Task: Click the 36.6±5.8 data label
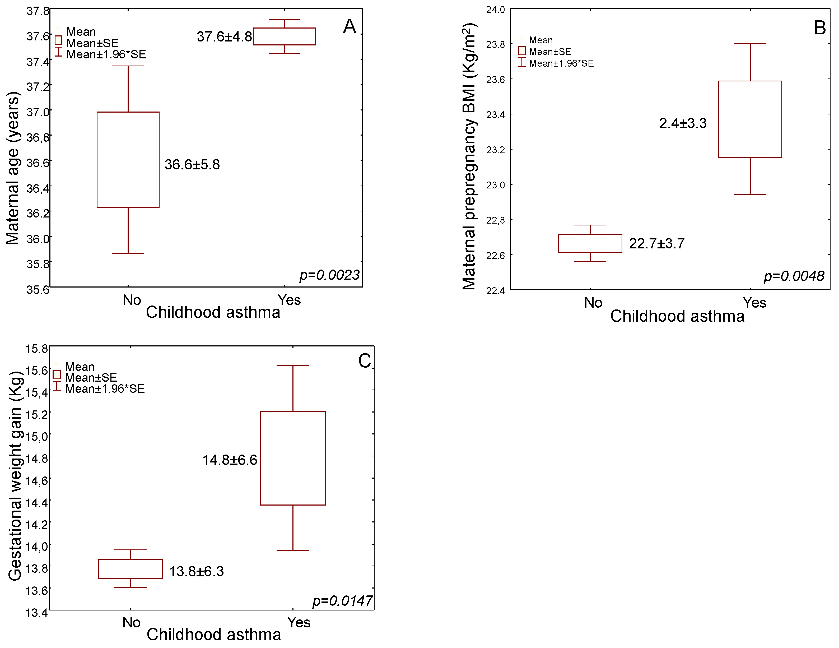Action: [x=192, y=164]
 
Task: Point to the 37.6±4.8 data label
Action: [x=224, y=36]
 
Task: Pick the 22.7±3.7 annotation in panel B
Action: [x=656, y=244]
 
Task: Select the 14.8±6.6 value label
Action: [x=230, y=460]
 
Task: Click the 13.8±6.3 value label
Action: [x=196, y=572]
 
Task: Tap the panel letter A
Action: [x=349, y=26]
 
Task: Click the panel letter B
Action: [x=820, y=28]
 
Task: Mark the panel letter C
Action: [x=365, y=361]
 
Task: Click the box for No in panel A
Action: [x=128, y=160]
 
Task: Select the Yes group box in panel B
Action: [x=750, y=119]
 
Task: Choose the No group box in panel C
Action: [x=130, y=568]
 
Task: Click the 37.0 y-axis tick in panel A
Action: [x=38, y=112]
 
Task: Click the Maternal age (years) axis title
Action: [x=12, y=168]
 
